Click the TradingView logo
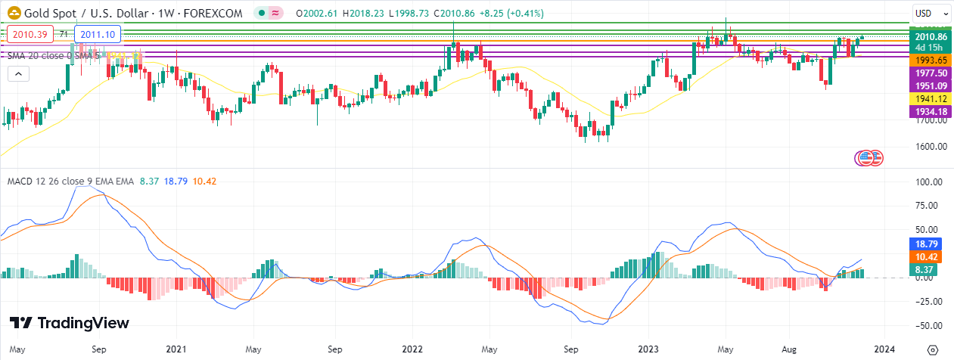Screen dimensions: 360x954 click(70, 323)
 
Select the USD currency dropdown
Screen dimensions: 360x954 click(931, 13)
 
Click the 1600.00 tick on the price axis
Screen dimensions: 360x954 click(931, 147)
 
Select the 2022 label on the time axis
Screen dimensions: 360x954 click(412, 350)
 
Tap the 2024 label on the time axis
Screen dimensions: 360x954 click(884, 350)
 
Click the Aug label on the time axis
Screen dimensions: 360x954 click(789, 350)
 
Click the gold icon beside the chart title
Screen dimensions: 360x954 click(14, 14)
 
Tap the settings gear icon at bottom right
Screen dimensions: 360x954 click(933, 349)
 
